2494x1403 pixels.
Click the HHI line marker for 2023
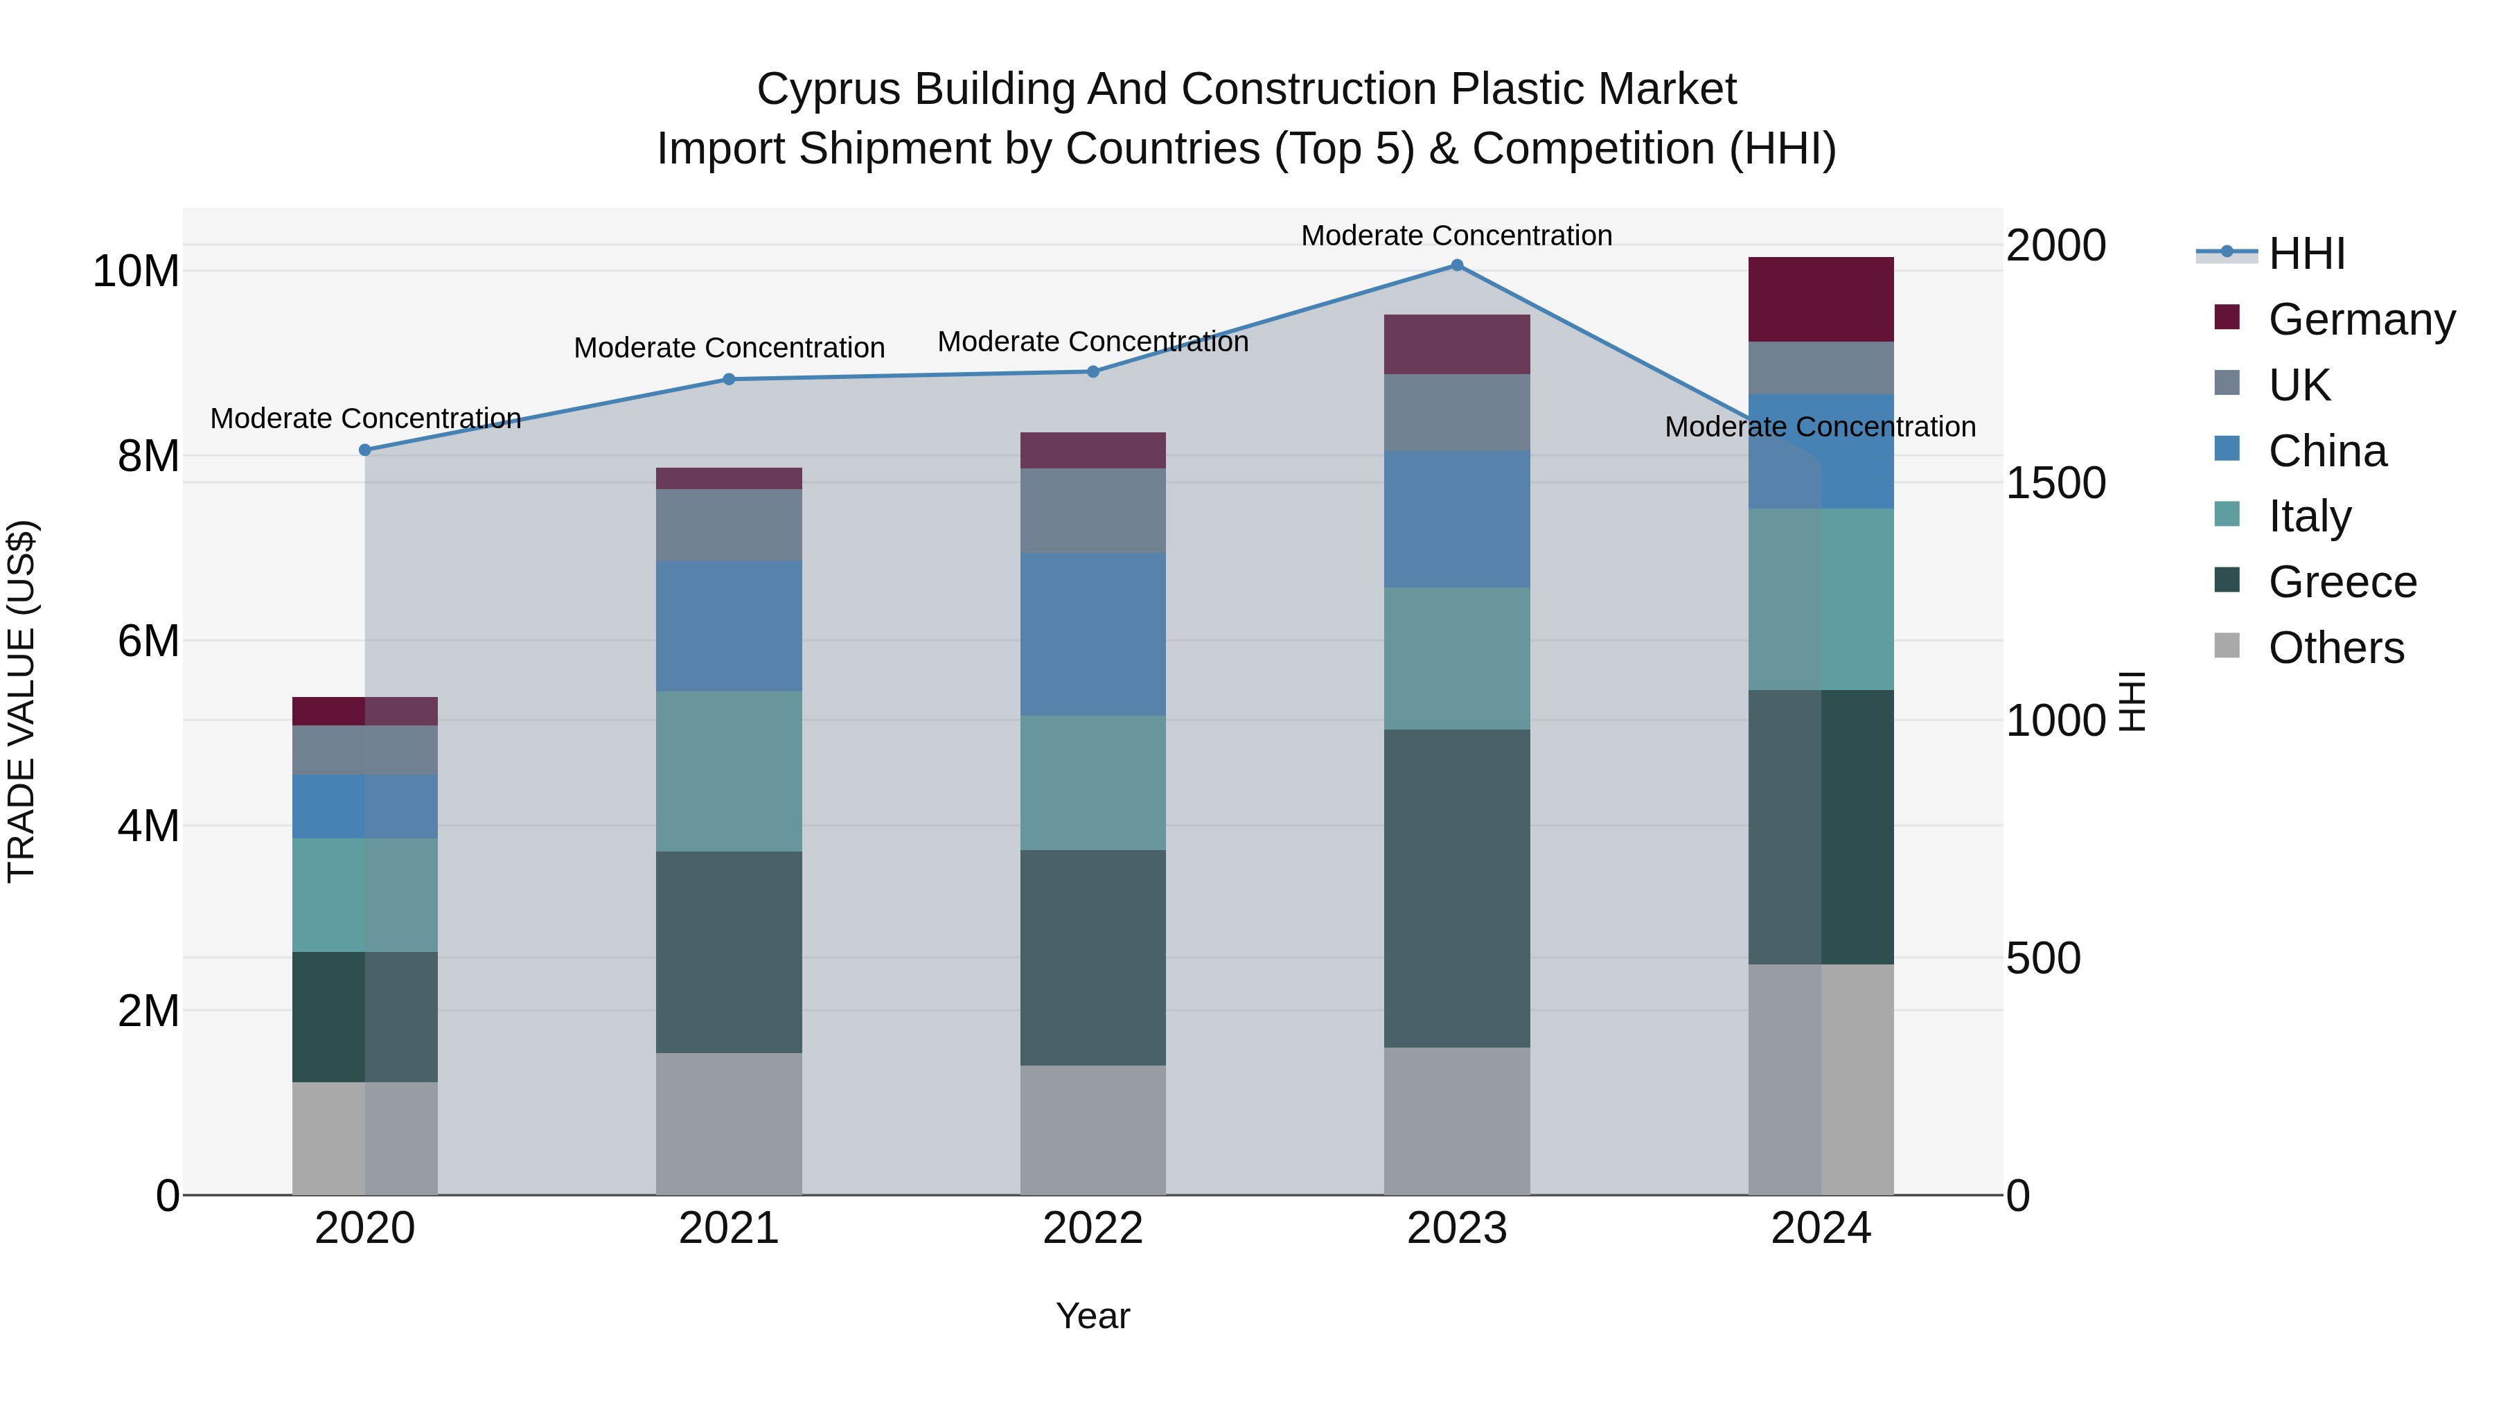pos(1456,265)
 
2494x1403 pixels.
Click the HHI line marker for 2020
pos(365,450)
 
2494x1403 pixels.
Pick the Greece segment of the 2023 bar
pos(1456,888)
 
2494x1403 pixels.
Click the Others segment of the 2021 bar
pos(728,1123)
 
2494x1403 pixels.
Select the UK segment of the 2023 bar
pos(1456,412)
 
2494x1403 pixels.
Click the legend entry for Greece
pos(2342,582)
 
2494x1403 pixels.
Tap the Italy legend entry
pos(2309,516)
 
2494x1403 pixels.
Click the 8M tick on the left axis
pos(148,456)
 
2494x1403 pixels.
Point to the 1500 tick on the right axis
pos(2055,483)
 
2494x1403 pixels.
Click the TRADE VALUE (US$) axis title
pos(21,701)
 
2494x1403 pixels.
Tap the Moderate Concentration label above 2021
pos(728,348)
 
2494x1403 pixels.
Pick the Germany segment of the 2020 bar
pos(365,711)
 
